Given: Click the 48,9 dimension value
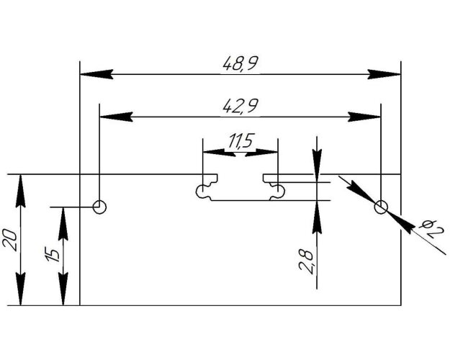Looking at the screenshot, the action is pyautogui.click(x=240, y=63).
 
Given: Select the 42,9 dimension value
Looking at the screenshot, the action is pyautogui.click(x=240, y=106).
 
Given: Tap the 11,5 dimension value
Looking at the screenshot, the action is pyautogui.click(x=240, y=140).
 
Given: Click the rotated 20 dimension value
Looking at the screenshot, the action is pyautogui.click(x=10, y=239).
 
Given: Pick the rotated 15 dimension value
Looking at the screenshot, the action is pyautogui.click(x=53, y=254).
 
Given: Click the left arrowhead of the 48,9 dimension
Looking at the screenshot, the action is pyautogui.click(x=96, y=74).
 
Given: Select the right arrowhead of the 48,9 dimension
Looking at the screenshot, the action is pyautogui.click(x=384, y=74).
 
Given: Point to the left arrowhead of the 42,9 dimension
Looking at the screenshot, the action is pyautogui.click(x=116, y=117).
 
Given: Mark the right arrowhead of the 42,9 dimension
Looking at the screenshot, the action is pyautogui.click(x=364, y=117).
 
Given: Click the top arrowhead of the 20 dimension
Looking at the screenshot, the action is pyautogui.click(x=20, y=191).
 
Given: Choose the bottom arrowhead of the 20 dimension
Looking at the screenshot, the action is pyautogui.click(x=20, y=289).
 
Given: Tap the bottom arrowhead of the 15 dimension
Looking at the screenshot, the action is pyautogui.click(x=63, y=289).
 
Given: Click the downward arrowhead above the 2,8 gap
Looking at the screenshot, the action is pyautogui.click(x=317, y=161).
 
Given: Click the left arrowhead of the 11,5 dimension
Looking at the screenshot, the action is pyautogui.click(x=220, y=152).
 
